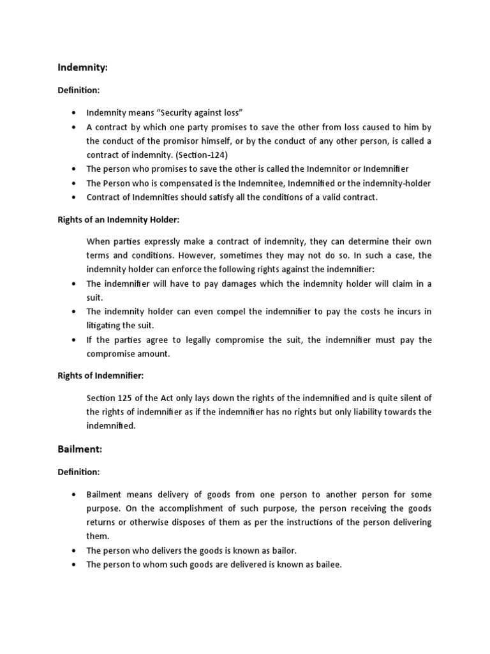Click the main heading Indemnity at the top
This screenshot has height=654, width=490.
click(x=81, y=66)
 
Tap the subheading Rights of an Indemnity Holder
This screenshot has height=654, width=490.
click(x=119, y=220)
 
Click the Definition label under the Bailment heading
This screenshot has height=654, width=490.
click(x=79, y=471)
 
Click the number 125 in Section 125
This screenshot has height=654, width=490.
click(x=124, y=397)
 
